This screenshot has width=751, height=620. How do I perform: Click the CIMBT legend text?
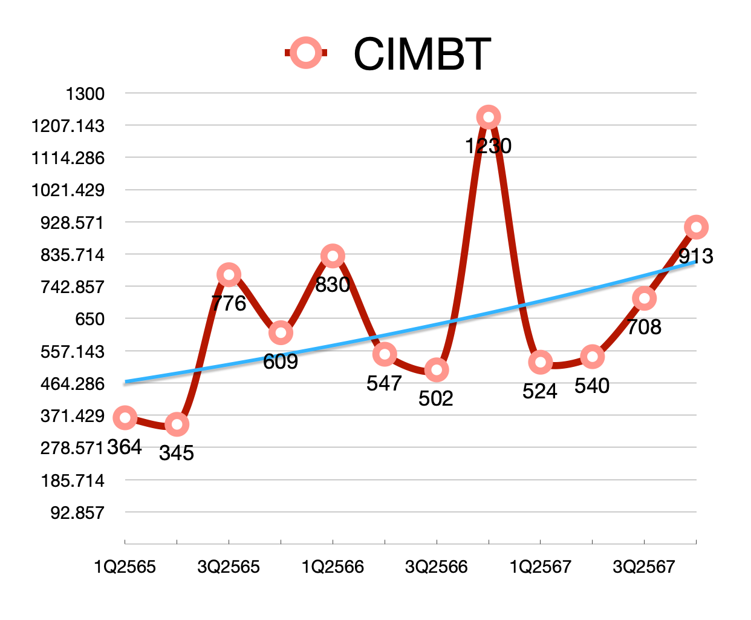421,54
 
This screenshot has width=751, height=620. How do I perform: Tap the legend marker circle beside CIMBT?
306,53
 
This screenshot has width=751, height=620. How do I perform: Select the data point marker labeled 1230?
488,117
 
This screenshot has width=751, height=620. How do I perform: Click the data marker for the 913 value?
696,228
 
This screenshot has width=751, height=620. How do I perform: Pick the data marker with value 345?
177,424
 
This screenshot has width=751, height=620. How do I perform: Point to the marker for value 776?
229,275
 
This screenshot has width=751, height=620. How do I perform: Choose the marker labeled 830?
333,256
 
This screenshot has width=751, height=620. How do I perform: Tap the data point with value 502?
436,370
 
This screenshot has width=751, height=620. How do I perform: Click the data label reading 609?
281,361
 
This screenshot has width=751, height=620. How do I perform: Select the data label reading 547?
384,383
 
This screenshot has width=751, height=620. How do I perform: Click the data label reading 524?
539,392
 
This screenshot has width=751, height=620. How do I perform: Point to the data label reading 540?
592,386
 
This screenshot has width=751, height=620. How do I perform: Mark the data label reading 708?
643,327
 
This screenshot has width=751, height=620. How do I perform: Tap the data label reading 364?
125,447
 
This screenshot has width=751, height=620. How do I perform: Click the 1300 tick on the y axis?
85,94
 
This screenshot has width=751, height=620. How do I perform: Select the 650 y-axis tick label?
89,319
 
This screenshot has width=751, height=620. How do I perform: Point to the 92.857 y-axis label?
77,513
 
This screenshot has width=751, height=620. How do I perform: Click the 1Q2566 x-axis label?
333,567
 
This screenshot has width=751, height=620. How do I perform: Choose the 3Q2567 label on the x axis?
643,567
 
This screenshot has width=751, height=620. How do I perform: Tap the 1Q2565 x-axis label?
125,567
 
